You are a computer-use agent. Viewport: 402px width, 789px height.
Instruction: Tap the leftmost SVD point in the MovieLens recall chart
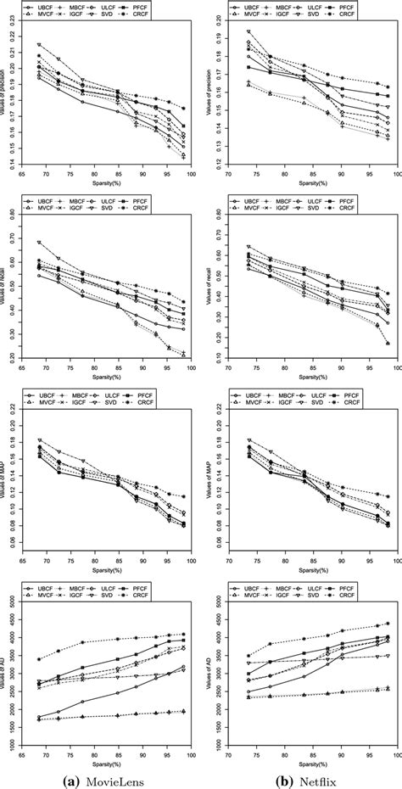tap(39, 243)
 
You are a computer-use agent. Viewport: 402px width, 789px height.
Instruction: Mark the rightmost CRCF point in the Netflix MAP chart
tap(388, 497)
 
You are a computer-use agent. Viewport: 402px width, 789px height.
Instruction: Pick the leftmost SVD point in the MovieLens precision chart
tap(39, 44)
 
